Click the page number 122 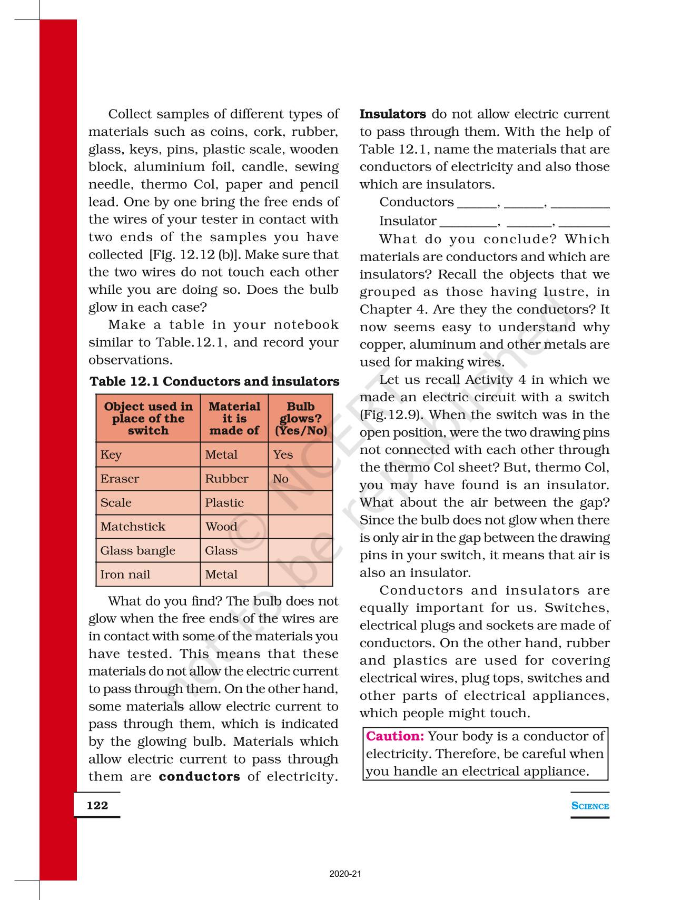point(97,805)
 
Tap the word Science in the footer point(590,806)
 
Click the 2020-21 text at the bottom point(346,874)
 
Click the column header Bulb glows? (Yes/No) point(301,419)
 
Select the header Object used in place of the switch point(148,419)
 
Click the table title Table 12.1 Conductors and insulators point(214,381)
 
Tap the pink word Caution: point(395,736)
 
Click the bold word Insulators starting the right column point(393,114)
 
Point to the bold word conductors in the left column point(199,776)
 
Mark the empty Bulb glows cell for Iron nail point(301,575)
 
